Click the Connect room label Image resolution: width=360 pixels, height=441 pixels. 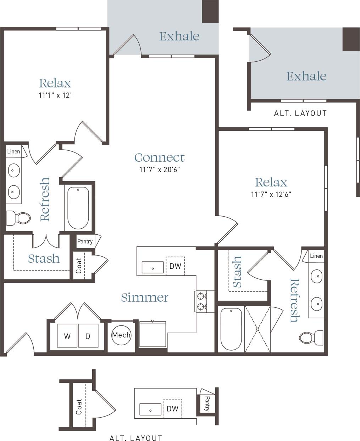(x=160, y=157)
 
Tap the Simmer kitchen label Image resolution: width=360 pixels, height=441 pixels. (x=144, y=297)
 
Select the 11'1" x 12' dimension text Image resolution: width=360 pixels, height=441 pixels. (x=56, y=95)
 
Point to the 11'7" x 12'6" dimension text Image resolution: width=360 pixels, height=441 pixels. (x=271, y=194)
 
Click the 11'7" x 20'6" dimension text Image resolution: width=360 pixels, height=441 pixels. (x=160, y=169)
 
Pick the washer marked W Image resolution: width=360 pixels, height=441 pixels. (x=67, y=336)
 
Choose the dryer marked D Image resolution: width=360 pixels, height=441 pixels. (x=88, y=336)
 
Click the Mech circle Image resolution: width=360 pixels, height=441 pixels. (x=121, y=335)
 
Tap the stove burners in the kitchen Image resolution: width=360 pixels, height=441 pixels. (x=201, y=301)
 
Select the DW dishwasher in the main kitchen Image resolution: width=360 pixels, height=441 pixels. (x=175, y=266)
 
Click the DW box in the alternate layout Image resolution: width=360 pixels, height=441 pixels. (x=172, y=408)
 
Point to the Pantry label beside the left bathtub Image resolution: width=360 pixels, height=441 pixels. (x=85, y=241)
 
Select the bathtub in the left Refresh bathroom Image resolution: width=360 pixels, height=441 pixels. (x=78, y=208)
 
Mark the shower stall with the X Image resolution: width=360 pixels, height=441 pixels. (x=258, y=329)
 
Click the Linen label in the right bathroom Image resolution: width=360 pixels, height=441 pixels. (x=316, y=256)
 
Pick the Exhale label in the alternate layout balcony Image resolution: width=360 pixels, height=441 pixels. (x=306, y=76)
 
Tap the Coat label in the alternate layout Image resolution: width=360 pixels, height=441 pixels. (x=79, y=407)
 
